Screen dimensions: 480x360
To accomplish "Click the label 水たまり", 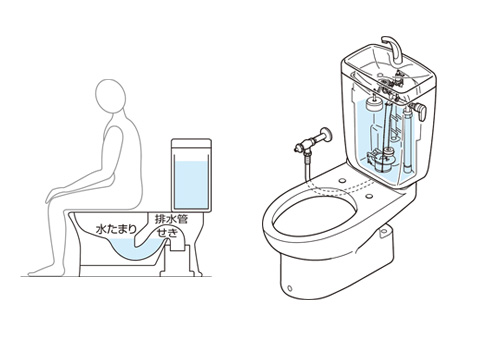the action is [x=116, y=229].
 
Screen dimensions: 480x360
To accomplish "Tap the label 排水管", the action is [x=171, y=219].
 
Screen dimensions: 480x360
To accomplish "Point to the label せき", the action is [x=167, y=233].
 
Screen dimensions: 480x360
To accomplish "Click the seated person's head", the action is [x=110, y=94].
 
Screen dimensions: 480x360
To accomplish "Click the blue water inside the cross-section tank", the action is [x=191, y=185].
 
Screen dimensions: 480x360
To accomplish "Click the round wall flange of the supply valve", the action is [x=325, y=135].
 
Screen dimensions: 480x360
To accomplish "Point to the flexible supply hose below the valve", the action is [x=306, y=167].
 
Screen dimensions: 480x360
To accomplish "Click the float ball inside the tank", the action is [x=373, y=105].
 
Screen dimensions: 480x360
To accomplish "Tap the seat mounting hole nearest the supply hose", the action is [x=343, y=180].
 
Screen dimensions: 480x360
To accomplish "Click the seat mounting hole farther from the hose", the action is [x=369, y=196].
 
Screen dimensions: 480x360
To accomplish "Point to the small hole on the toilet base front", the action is [x=289, y=288].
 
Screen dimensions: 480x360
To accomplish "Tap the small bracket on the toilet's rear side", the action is [x=385, y=231].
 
